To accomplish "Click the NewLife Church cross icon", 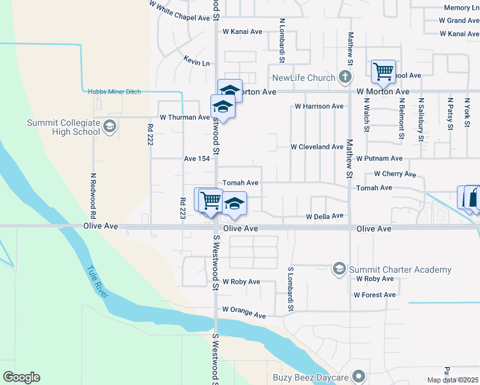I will coord(345,78).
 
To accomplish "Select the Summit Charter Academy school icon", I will coord(339,269).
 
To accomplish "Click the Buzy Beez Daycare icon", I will coord(359,377).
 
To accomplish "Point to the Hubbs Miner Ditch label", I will coord(114,92).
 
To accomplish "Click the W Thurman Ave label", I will coord(185,117).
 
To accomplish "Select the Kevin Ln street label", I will coord(196,63).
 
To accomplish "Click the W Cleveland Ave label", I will coord(317,147).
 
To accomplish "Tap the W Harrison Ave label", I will coord(319,106).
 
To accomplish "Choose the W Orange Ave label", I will coord(244,312).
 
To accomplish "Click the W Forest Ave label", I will coord(374,295).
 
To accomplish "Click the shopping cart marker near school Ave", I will coord(383,71).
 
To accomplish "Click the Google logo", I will coord(21,377).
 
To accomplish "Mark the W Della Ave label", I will coord(325,217).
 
